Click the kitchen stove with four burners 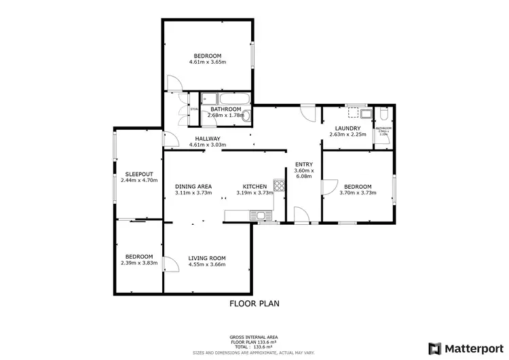tap(278, 184)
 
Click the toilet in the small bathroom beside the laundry tap(383, 113)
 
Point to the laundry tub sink tap(365, 113)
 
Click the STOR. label tap(193, 109)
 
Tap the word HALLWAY tap(208, 138)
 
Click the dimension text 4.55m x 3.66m tap(207, 264)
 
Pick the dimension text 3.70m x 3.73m tap(357, 193)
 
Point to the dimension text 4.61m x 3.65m tap(207, 62)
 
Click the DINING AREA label tap(193, 186)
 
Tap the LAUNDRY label tap(347, 128)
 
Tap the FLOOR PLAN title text tap(254, 304)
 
